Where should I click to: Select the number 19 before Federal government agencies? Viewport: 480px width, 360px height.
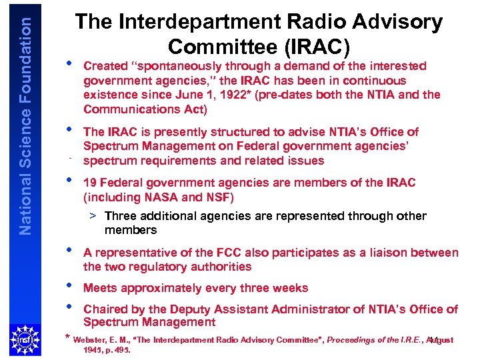(x=90, y=183)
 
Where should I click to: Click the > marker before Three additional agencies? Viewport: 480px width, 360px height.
(x=95, y=216)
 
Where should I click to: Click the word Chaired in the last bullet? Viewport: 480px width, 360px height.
(x=105, y=309)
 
